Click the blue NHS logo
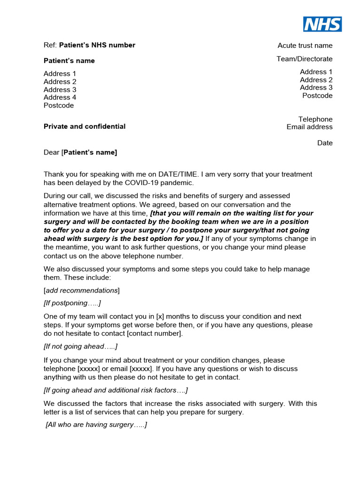(x=322, y=24)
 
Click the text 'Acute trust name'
(x=305, y=46)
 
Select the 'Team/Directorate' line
(x=304, y=59)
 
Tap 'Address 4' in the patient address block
(x=60, y=97)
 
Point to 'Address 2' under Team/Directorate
(x=316, y=80)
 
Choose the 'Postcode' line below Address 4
(x=59, y=105)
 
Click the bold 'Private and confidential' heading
(x=85, y=126)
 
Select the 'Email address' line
(x=309, y=127)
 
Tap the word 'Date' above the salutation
(x=324, y=143)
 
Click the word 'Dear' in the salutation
(x=51, y=152)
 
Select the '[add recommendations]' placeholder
(x=82, y=290)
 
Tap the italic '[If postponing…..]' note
(x=72, y=303)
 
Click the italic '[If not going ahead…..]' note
(x=80, y=347)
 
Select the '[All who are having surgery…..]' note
(x=96, y=425)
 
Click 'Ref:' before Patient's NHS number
(x=50, y=45)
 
